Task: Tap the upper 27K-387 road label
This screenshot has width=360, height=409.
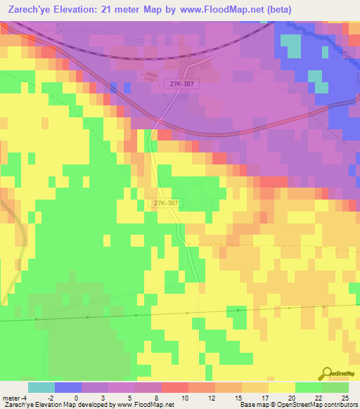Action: (181, 84)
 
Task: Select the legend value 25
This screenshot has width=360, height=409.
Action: (345, 398)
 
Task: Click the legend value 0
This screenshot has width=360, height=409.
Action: (77, 398)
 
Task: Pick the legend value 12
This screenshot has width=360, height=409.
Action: (212, 398)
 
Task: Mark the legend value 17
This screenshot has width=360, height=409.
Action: (265, 398)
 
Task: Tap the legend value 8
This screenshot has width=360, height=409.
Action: (157, 398)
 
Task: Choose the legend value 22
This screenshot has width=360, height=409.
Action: (319, 398)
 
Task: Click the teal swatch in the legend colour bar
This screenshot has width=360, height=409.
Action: (41, 387)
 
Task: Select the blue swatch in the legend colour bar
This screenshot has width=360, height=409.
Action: (67, 387)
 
